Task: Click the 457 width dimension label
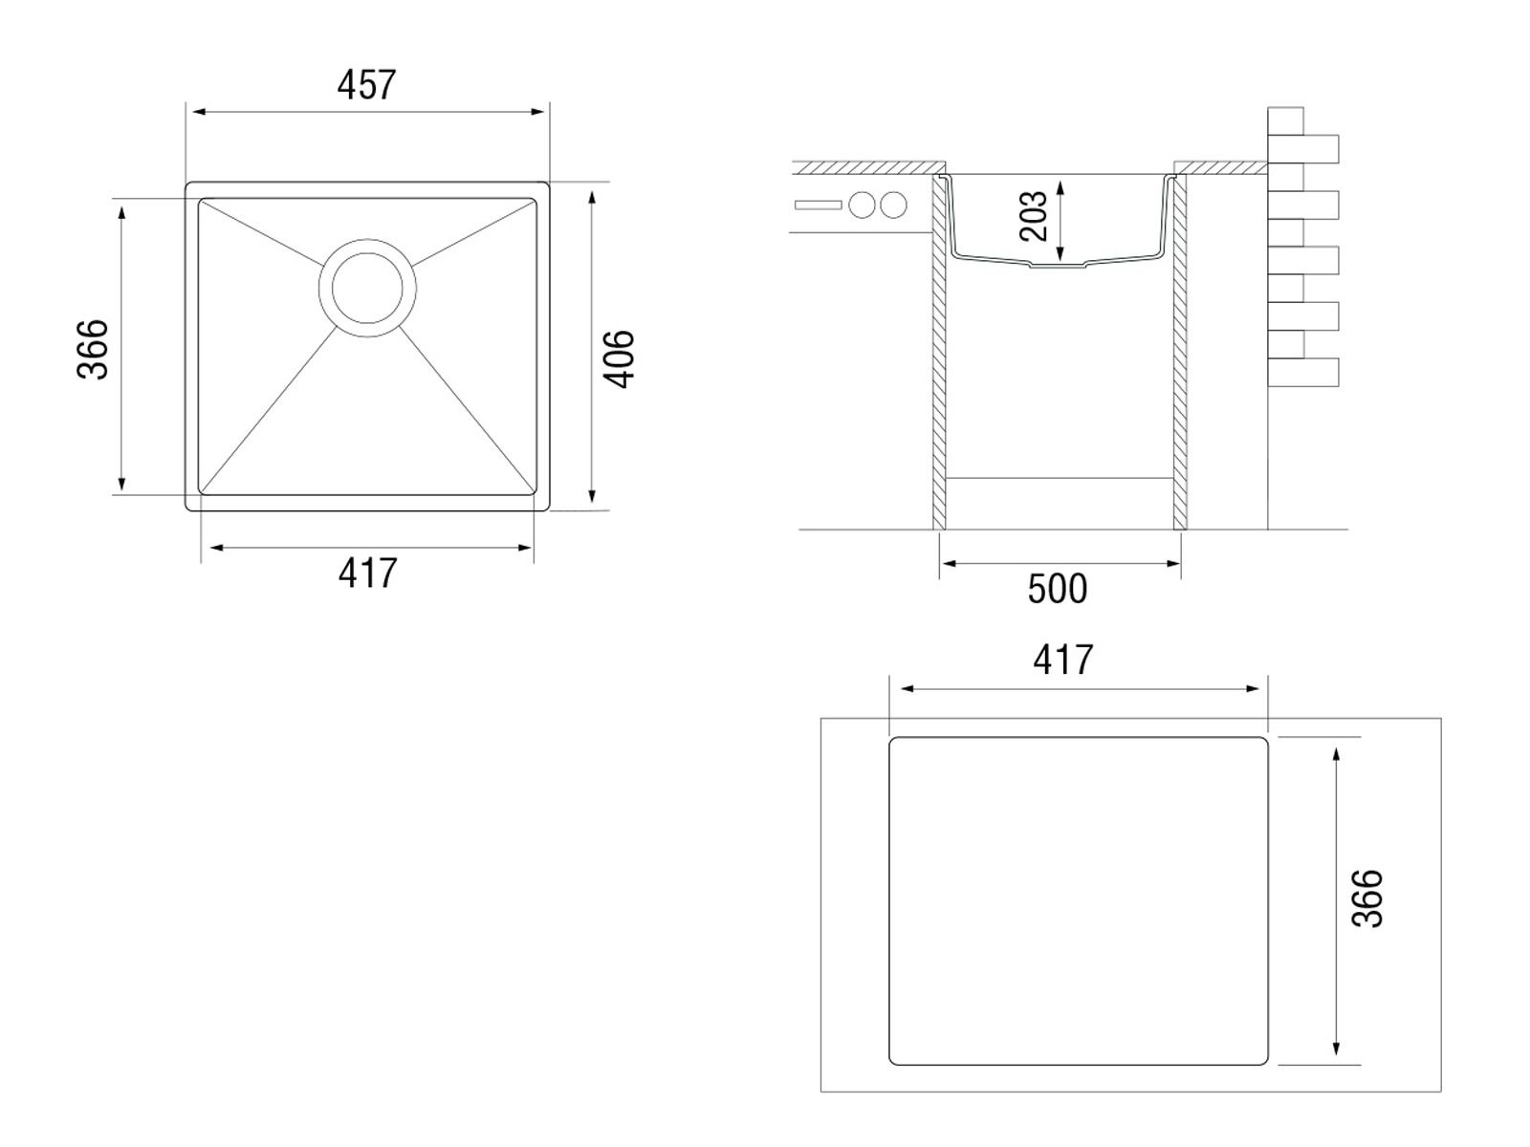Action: pos(366,85)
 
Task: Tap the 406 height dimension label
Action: pos(619,358)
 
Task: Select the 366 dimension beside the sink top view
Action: pos(92,349)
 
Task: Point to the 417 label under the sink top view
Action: pos(367,573)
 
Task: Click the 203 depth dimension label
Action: pos(1034,216)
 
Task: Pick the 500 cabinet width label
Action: pos(1058,589)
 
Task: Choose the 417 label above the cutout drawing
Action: pos(1063,660)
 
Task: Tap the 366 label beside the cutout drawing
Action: pos(1366,898)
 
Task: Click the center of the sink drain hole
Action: pos(367,288)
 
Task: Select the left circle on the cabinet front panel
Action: pos(863,205)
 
